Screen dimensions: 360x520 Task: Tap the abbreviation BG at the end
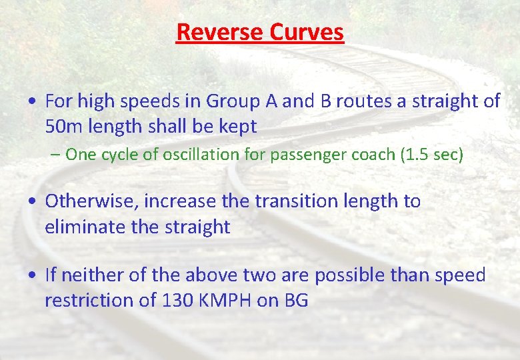click(x=296, y=300)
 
